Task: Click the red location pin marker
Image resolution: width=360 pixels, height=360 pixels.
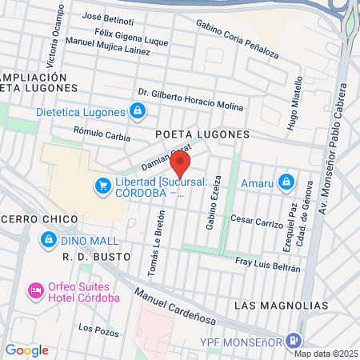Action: [x=180, y=164]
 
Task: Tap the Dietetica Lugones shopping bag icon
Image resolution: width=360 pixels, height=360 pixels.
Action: [x=138, y=110]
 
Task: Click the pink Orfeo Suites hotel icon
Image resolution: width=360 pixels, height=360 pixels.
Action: [x=35, y=288]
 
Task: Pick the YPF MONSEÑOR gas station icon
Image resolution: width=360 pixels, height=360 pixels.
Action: [x=294, y=340]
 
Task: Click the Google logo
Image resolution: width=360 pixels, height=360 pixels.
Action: [x=26, y=350]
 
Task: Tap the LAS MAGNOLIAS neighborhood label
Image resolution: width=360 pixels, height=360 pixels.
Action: [x=282, y=306]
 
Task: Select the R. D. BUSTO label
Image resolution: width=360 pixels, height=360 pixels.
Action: [x=90, y=258]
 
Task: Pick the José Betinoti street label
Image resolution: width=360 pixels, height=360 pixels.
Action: [x=109, y=17]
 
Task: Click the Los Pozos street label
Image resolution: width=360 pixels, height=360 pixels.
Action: [x=97, y=329]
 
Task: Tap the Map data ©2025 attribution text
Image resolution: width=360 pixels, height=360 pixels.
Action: [x=325, y=354]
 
